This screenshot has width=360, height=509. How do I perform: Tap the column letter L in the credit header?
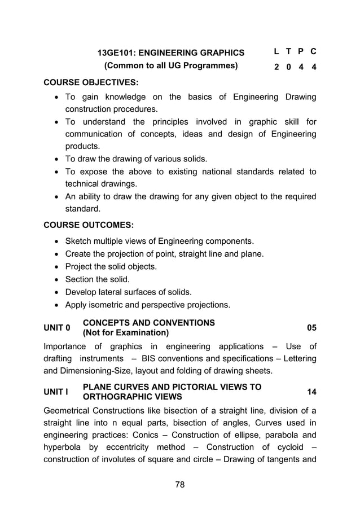pos(276,51)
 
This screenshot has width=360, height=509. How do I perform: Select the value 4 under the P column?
pos(301,67)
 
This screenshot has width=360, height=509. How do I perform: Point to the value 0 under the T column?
pos(288,67)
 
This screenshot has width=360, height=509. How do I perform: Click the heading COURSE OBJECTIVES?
pos(91,82)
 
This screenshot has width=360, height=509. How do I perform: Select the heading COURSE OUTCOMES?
pos(89,225)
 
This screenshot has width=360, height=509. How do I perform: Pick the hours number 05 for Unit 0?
pos(311,328)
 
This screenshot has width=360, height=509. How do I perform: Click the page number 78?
pos(179,484)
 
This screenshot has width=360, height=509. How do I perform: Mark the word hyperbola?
pos(63,447)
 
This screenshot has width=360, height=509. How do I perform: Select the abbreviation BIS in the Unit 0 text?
pos(149,358)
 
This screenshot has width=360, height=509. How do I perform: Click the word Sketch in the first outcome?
pos(79,241)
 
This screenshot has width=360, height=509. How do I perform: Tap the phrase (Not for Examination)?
pos(125,333)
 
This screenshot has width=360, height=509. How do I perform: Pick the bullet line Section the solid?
pos(97,279)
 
